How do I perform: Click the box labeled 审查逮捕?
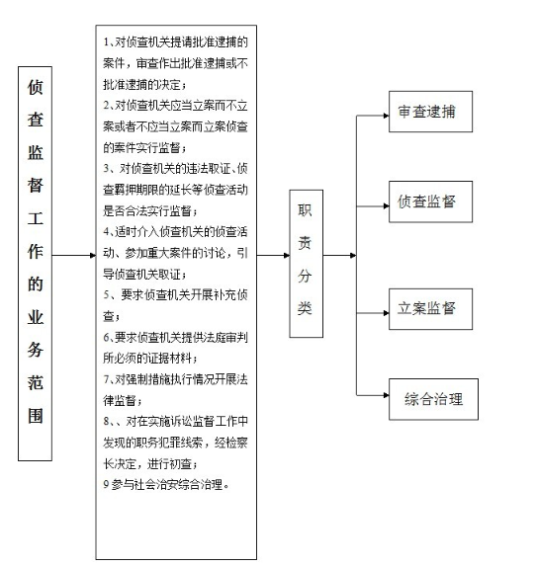[430, 112]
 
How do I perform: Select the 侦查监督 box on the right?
[430, 202]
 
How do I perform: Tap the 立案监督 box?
[430, 309]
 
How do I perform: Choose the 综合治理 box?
[433, 399]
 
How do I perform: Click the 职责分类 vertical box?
[306, 264]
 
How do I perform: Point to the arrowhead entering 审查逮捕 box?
[386, 116]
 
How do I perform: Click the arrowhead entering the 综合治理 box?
[386, 395]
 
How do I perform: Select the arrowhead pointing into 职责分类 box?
[287, 255]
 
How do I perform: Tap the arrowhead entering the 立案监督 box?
[386, 313]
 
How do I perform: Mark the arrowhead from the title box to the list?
[93, 255]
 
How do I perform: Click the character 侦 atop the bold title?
[36, 88]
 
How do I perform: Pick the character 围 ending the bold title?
[36, 416]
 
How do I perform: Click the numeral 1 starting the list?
[106, 42]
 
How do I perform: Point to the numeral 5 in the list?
[106, 295]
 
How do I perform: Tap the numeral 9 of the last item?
[106, 485]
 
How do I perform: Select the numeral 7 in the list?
[106, 379]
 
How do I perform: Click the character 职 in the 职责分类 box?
[305, 210]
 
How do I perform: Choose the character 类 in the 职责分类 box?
[305, 308]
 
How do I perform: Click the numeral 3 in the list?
[106, 169]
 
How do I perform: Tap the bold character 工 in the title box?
[36, 218]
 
